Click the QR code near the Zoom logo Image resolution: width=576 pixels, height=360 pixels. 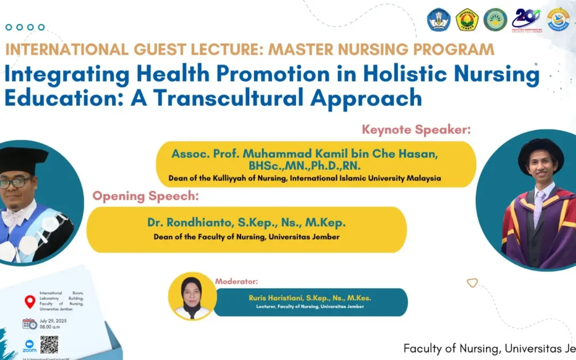[x=49, y=345]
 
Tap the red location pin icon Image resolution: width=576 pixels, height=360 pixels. [x=30, y=302]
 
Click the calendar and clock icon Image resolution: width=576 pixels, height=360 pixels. [x=30, y=324]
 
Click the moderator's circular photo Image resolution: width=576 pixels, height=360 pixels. [x=192, y=296]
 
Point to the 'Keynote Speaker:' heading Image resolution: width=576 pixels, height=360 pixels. [x=417, y=129]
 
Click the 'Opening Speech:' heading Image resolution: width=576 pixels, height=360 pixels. [x=146, y=196]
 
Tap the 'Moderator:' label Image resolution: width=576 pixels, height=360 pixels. [x=236, y=281]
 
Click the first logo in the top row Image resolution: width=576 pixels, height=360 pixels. [x=438, y=19]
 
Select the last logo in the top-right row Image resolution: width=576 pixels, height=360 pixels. [x=558, y=19]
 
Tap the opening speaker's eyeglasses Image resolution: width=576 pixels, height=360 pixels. [x=14, y=183]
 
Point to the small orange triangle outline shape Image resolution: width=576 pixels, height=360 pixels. [x=472, y=283]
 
